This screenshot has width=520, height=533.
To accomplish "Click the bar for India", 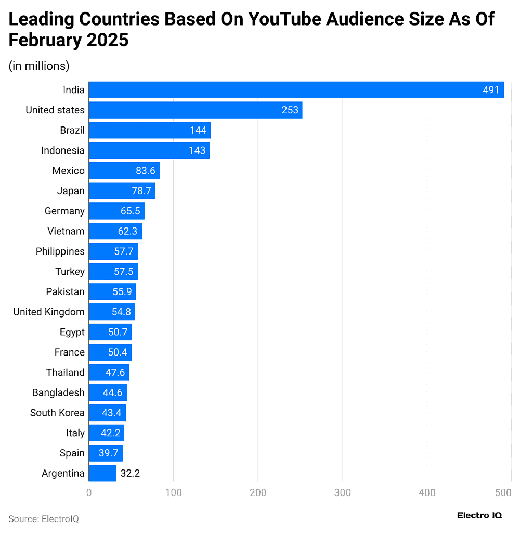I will pos(296,90).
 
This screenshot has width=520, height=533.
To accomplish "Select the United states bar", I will pos(196,110).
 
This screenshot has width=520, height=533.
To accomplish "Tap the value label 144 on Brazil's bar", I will pos(198,130).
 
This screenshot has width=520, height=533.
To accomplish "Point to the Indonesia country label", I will pos(62,150).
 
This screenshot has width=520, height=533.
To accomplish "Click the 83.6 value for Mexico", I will pos(143,171).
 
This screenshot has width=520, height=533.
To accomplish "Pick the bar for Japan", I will pos(122,191).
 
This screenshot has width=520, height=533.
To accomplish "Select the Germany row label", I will pos(64,211).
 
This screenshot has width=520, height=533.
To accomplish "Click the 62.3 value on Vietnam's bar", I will pos(127,231).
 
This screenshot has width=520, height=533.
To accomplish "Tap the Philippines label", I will pos(60,251).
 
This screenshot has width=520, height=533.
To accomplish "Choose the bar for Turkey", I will pos(113,272).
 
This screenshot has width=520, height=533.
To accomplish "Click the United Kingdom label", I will pos(49,312).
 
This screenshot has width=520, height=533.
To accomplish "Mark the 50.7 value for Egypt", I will pos(118,332).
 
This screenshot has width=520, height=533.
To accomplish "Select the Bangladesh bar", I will pos(108,392).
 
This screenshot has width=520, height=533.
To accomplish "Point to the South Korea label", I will pos(57,413).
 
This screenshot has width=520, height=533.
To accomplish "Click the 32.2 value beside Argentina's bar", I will pos(130,473).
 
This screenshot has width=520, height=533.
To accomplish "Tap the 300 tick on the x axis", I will pos(343,492).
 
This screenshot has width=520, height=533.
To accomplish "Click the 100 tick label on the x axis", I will pos(174,492).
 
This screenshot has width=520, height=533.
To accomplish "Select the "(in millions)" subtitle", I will pos(39,66).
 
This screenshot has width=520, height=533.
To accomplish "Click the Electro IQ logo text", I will pos(479,515).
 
